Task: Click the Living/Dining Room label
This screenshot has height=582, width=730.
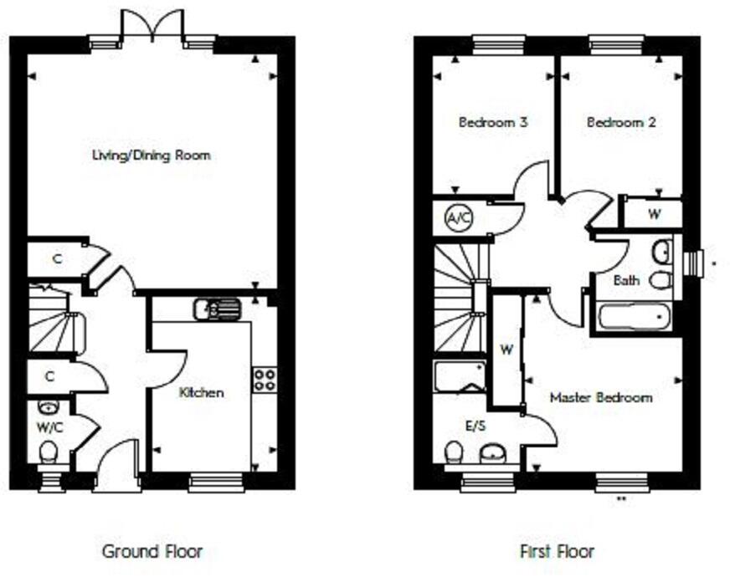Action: pyautogui.click(x=151, y=156)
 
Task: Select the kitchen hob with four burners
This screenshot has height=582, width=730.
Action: pyautogui.click(x=265, y=379)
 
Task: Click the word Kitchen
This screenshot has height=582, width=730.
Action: pyautogui.click(x=203, y=392)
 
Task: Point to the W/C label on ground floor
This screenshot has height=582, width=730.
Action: pyautogui.click(x=49, y=427)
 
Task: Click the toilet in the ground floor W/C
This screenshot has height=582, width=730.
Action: pyautogui.click(x=49, y=453)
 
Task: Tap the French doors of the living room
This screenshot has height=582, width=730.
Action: pyautogui.click(x=151, y=25)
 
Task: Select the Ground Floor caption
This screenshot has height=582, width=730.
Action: pyautogui.click(x=152, y=551)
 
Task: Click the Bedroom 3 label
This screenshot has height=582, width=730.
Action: pyautogui.click(x=493, y=122)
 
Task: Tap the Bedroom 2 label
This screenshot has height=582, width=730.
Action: pyautogui.click(x=621, y=122)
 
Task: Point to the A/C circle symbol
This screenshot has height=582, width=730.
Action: pyautogui.click(x=457, y=218)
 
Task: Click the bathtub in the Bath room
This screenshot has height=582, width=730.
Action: pyautogui.click(x=634, y=317)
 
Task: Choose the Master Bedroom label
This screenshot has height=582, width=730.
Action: pyautogui.click(x=600, y=398)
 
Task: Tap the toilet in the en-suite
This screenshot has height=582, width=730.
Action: pyautogui.click(x=455, y=453)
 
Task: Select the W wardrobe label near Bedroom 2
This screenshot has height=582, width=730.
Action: pyautogui.click(x=654, y=214)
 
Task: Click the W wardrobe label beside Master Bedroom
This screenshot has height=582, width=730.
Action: pyautogui.click(x=506, y=350)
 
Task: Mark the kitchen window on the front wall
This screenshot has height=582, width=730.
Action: pyautogui.click(x=216, y=482)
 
